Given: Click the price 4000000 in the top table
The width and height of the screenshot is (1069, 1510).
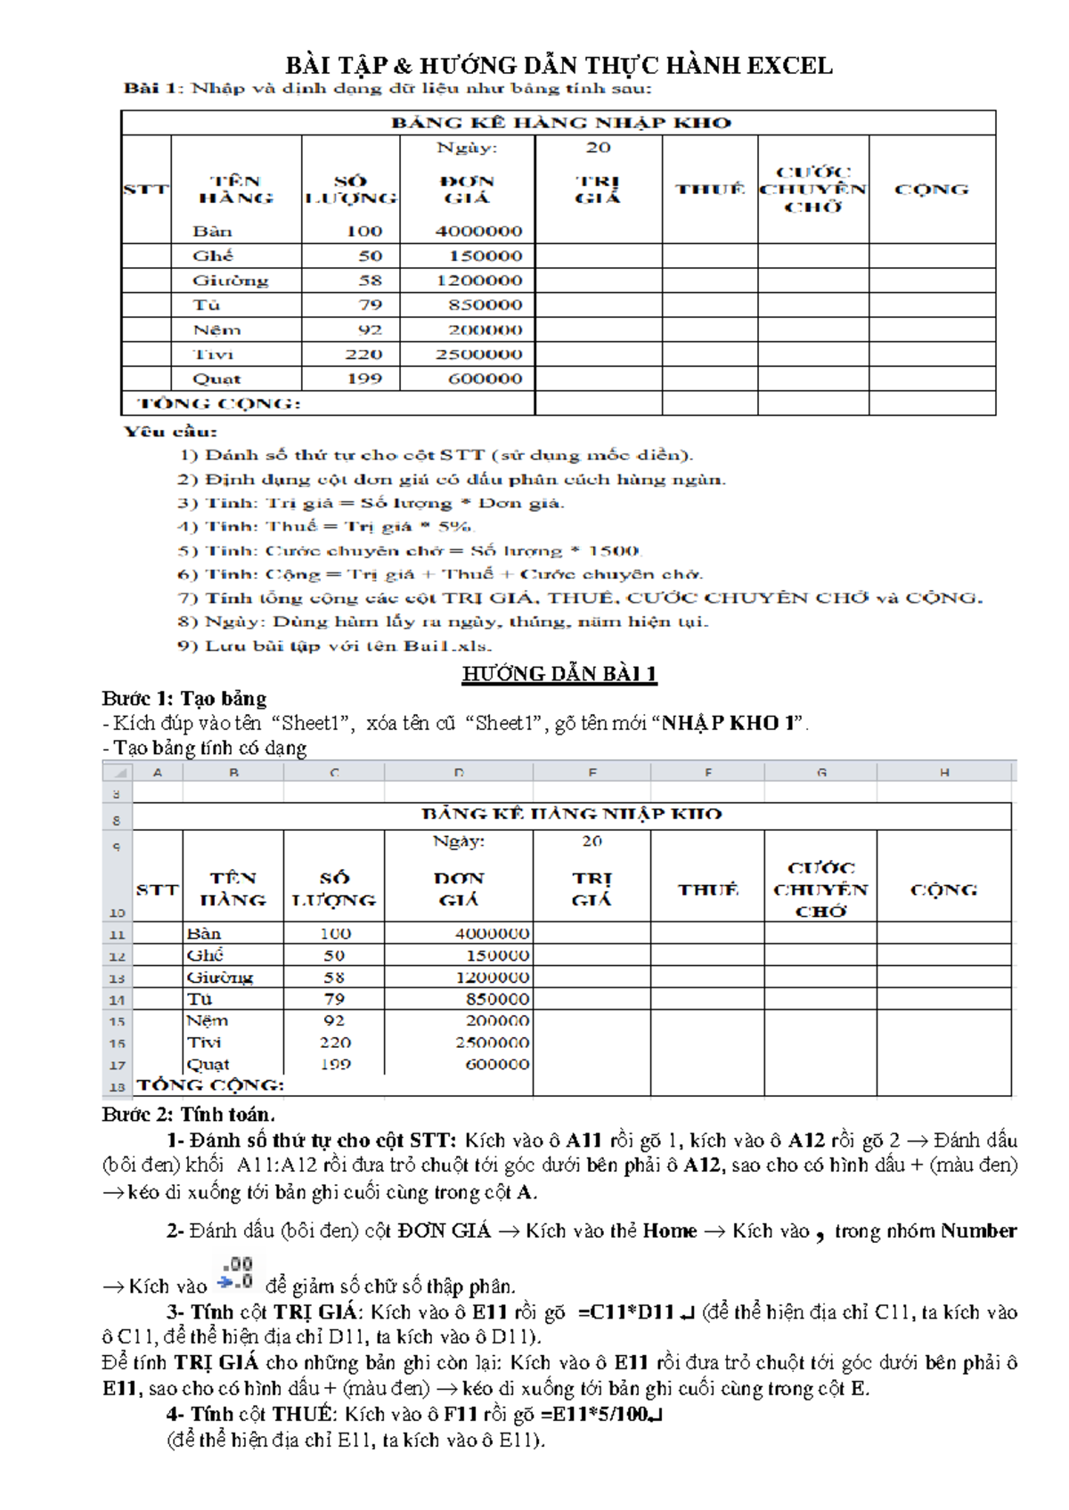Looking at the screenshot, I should [478, 231].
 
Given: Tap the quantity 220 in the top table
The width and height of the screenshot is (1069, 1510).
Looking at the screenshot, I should [363, 354].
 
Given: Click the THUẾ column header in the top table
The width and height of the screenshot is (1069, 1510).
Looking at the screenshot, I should [710, 189].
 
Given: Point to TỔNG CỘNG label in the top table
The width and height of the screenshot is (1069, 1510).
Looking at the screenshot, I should [219, 404].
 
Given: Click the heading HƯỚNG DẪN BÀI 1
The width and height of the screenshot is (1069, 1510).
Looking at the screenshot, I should [559, 674].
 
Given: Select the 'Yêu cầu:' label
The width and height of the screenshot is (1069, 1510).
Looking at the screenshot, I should [170, 432].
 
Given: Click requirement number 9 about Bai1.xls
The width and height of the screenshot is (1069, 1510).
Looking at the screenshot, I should [335, 645].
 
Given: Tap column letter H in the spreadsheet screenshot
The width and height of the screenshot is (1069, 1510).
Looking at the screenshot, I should [944, 773].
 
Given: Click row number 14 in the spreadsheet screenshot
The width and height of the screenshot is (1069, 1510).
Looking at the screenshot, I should [117, 1000].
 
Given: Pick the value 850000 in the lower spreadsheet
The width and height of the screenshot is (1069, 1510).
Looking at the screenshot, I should [497, 999].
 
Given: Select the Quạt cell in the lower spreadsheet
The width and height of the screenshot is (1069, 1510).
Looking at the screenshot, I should [208, 1064].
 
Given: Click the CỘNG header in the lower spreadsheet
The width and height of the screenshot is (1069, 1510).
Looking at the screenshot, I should [943, 889].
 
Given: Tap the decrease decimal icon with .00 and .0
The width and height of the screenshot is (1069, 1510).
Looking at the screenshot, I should [237, 1273].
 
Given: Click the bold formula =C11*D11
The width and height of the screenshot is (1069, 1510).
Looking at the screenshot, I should [625, 1312].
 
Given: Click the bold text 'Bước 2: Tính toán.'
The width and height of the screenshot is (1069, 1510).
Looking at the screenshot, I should [188, 1115].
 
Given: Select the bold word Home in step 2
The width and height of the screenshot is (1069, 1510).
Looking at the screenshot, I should [669, 1231].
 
